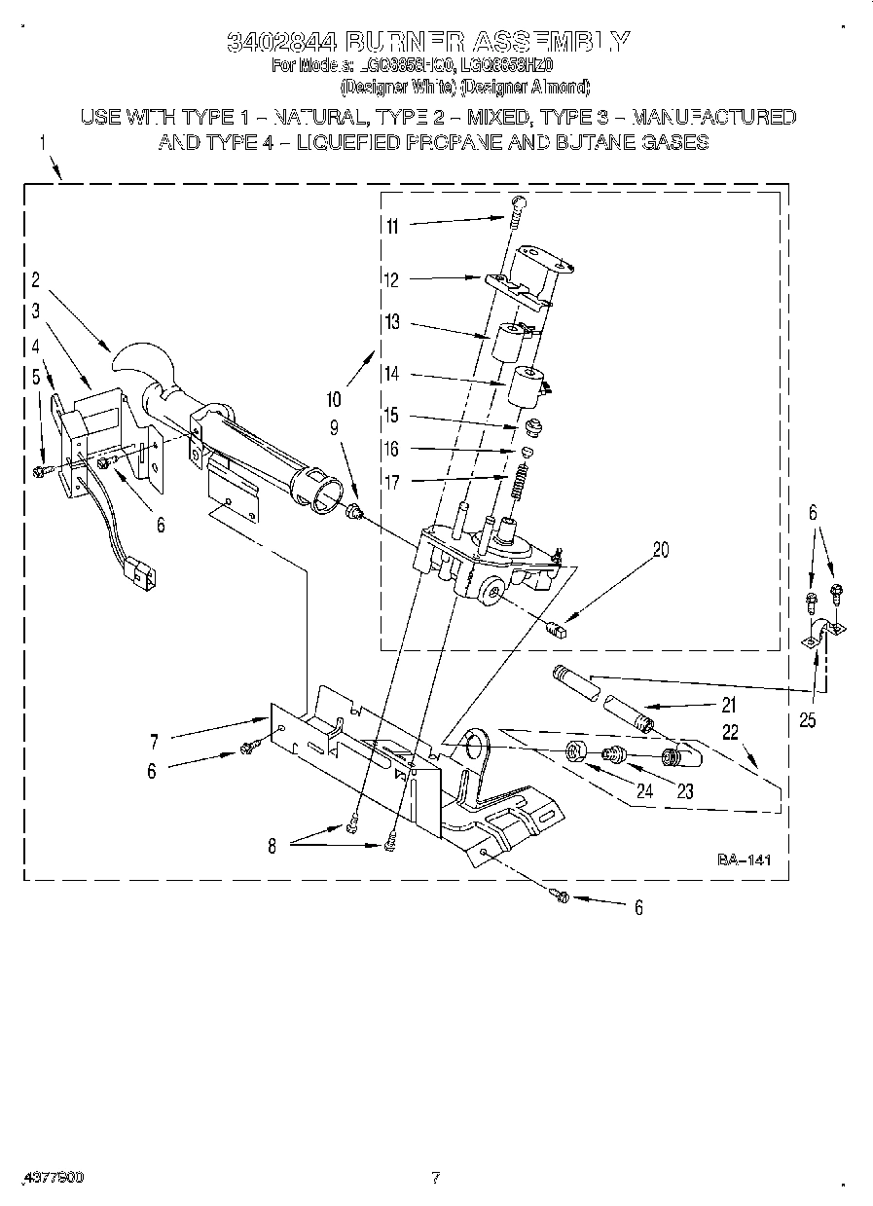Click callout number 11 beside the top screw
391,227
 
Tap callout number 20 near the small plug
661,550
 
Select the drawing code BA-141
745,860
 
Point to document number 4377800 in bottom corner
49,1177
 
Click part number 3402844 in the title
282,42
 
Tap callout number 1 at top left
43,144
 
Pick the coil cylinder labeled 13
509,344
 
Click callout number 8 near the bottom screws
273,846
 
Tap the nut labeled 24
576,753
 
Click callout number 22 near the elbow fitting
730,731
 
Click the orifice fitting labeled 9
355,510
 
